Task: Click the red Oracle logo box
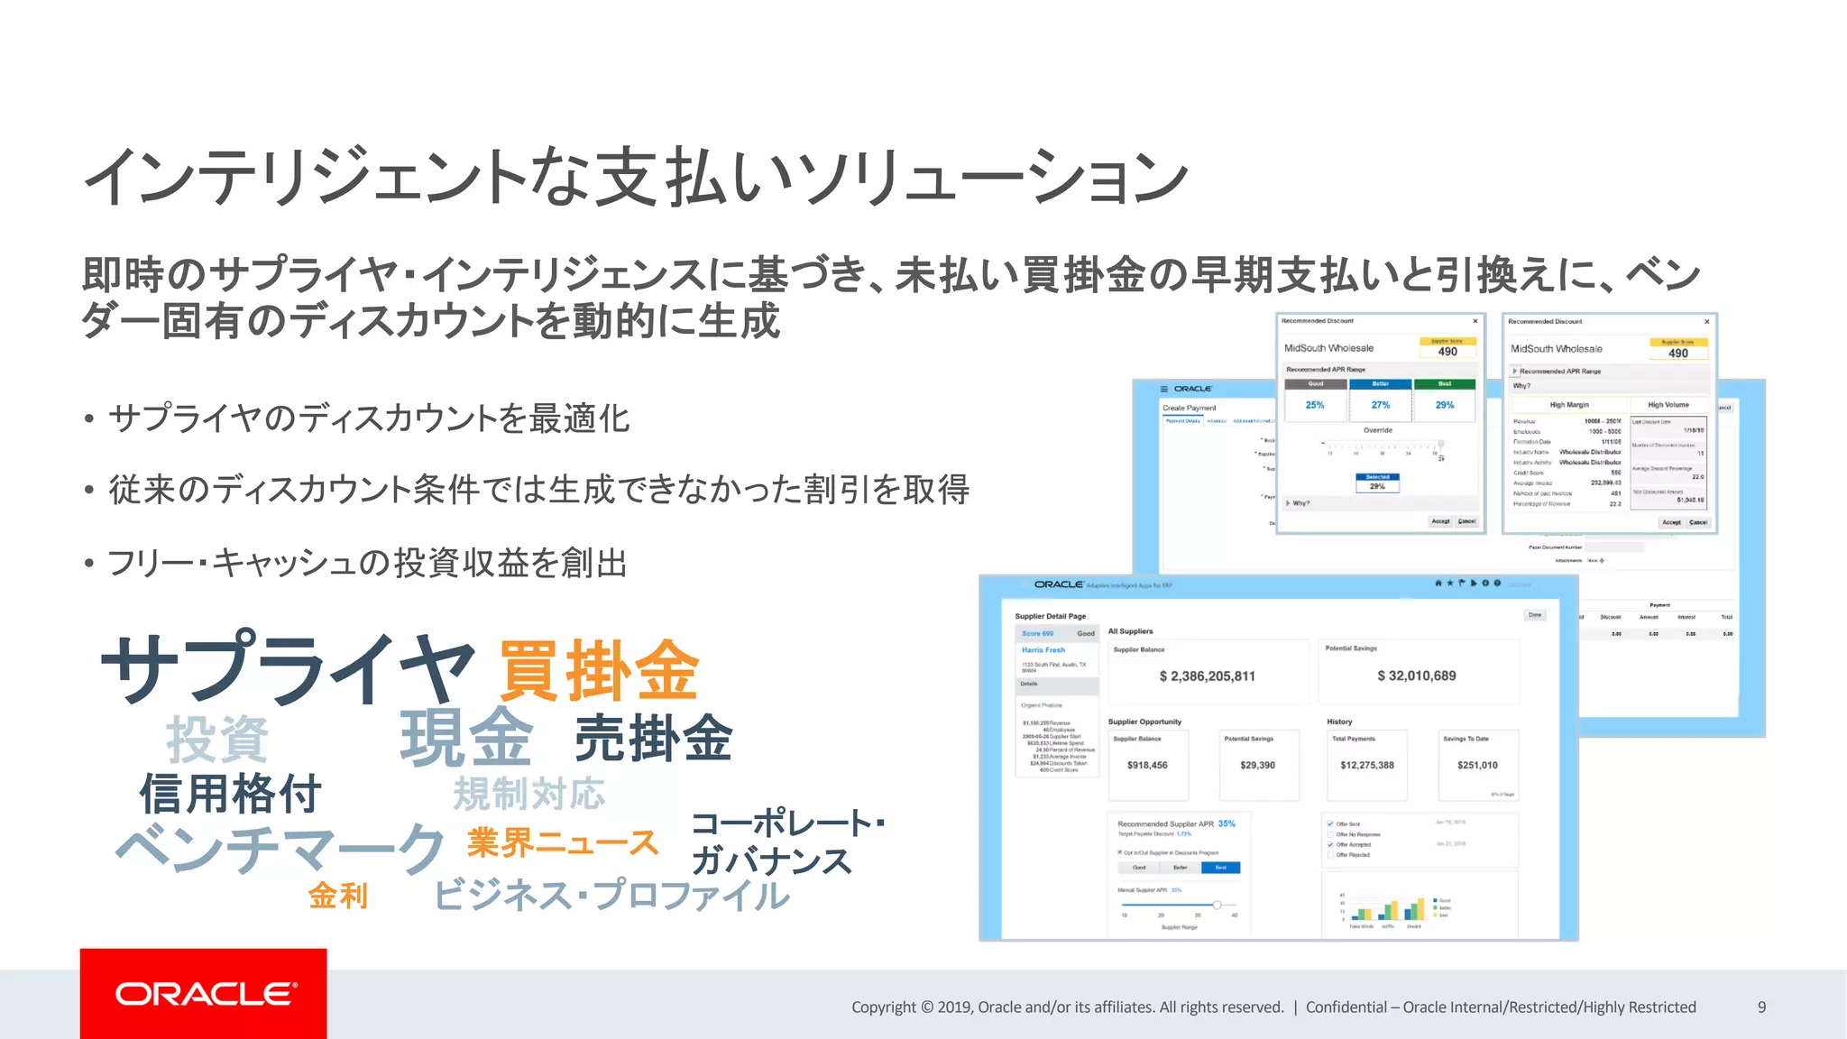[x=203, y=993]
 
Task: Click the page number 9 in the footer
[x=1761, y=1007]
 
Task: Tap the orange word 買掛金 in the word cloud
[x=599, y=671]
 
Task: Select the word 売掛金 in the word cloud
[x=654, y=738]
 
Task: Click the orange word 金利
[x=338, y=896]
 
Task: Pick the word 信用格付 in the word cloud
[x=230, y=795]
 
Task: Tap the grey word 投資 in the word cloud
[x=217, y=740]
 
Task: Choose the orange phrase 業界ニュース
[x=563, y=843]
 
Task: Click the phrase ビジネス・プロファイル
[x=611, y=896]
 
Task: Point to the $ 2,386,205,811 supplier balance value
[x=1207, y=676]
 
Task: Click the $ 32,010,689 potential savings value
[x=1416, y=676]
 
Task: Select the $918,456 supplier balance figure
[x=1147, y=765]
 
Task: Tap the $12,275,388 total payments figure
[x=1366, y=765]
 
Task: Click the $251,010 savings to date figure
[x=1477, y=765]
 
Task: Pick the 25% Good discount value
[x=1315, y=406]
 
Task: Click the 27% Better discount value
[x=1380, y=406]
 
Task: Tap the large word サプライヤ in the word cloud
[x=287, y=669]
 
